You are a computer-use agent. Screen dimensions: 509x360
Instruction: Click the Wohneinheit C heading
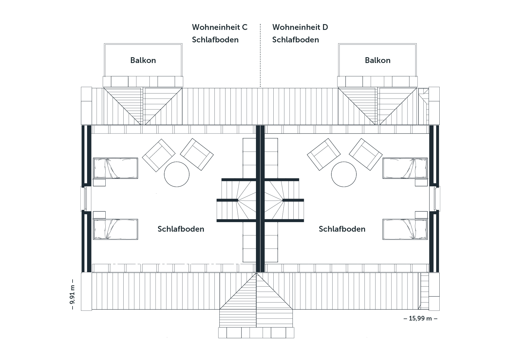[220, 27]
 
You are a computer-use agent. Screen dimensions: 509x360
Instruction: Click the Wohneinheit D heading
[300, 27]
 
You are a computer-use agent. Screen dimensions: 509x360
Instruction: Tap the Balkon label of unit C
[143, 60]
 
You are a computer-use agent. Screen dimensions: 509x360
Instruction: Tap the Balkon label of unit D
[378, 60]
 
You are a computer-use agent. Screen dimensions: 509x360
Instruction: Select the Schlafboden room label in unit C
[181, 229]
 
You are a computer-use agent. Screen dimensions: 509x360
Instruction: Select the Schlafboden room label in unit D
[342, 229]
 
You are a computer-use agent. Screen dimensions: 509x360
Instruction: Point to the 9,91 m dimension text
[72, 294]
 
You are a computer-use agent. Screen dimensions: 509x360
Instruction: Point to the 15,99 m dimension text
[420, 318]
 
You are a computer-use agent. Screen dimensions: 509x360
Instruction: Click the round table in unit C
[177, 174]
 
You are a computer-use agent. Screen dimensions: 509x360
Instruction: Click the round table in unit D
[344, 174]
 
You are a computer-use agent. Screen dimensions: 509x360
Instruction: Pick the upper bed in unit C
[115, 168]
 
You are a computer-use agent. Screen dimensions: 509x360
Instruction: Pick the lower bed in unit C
[115, 229]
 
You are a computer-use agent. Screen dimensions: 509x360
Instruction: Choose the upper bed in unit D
[405, 168]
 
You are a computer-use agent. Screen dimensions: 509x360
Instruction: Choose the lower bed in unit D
[405, 229]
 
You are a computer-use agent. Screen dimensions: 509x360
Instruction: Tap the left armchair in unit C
[159, 155]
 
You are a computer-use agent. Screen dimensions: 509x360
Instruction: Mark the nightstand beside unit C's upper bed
[99, 182]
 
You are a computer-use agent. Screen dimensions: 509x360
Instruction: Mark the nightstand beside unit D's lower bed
[421, 215]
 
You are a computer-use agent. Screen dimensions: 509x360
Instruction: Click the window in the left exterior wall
[86, 199]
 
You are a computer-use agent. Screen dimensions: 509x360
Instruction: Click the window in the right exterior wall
[435, 199]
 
